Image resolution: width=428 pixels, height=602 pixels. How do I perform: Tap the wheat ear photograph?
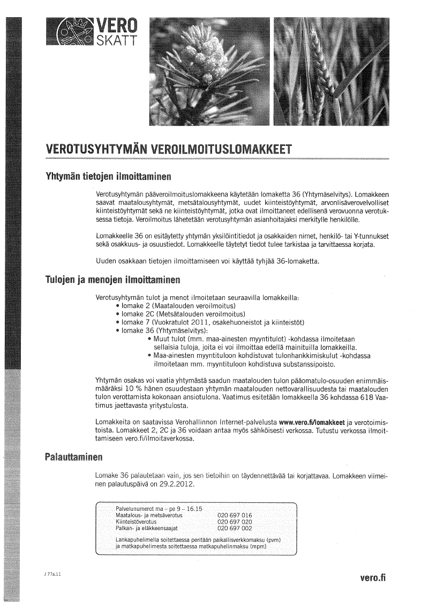(x=331, y=71)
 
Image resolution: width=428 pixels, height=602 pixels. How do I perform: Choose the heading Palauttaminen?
(x=73, y=458)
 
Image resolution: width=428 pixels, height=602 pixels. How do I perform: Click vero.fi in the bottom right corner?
(x=373, y=578)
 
